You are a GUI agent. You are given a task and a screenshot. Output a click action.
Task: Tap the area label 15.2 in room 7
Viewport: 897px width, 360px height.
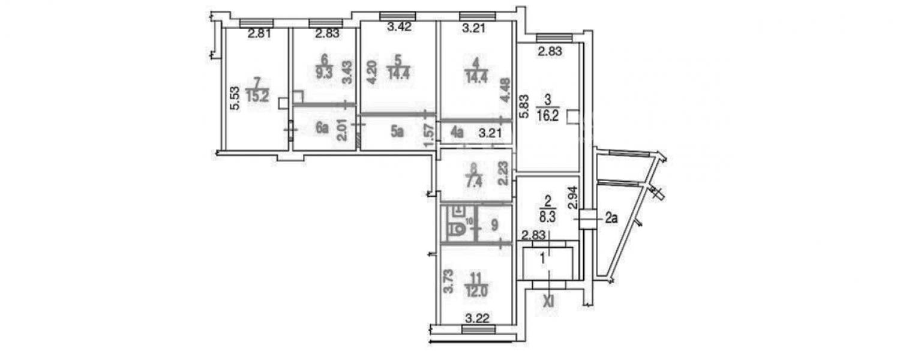click(257, 96)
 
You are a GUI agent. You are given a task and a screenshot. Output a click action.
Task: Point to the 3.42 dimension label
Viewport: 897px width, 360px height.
click(400, 28)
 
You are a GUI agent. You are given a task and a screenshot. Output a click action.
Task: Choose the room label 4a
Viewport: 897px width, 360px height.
click(457, 132)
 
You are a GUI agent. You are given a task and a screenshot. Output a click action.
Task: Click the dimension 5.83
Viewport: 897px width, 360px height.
click(523, 106)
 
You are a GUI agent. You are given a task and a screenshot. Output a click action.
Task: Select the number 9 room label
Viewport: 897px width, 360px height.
click(494, 225)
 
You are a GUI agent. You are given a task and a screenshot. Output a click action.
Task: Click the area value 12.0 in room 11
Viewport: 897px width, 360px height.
click(476, 291)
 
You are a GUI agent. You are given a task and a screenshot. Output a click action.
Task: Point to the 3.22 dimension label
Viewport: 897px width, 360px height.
click(478, 319)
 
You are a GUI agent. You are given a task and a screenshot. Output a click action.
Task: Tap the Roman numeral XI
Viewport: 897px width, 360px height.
click(549, 301)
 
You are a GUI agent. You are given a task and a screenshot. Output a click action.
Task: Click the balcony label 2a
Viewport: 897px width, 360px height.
click(611, 218)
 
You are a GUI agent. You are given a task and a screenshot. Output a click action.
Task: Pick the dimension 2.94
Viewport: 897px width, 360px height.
click(573, 198)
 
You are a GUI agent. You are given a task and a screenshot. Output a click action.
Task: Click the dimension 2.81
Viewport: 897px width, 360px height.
click(259, 33)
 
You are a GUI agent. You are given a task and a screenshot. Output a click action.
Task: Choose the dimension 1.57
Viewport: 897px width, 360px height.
click(429, 136)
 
